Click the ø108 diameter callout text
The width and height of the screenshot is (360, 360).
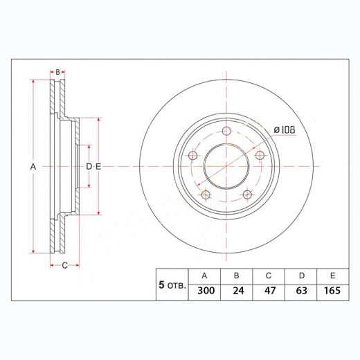285,129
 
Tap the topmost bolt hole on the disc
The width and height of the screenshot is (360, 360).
226,131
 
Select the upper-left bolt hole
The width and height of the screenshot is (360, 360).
192,155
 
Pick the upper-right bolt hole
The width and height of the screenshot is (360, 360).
260,155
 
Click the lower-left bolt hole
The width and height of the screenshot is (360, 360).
206,195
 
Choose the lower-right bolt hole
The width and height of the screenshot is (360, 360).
247,195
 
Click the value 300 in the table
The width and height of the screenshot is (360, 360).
206,290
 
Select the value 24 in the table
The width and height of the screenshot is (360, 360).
238,290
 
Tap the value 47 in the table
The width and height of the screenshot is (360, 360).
270,290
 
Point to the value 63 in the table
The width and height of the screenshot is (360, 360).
302,290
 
